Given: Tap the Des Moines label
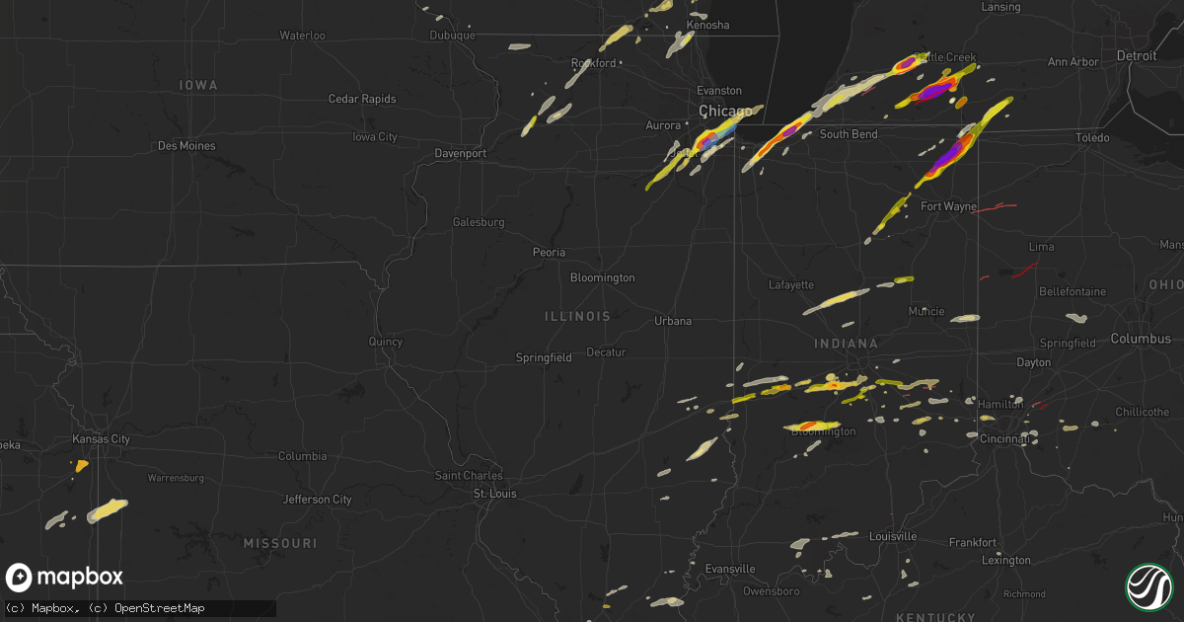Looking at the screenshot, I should (186, 146).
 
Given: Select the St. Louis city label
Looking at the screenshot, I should (494, 494).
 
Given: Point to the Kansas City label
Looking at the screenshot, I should (102, 439).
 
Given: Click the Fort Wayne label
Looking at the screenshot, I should (948, 206).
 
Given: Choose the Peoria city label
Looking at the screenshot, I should (549, 253).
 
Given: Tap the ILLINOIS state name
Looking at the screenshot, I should (577, 317).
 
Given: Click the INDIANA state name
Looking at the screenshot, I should (846, 344).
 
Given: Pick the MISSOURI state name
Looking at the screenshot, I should (280, 544).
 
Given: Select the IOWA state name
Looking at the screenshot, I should (198, 86).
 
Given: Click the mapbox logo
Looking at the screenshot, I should (65, 578).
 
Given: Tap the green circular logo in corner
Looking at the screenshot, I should (1147, 585).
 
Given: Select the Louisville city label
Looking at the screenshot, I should (892, 536).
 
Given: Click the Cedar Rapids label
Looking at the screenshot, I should (362, 99).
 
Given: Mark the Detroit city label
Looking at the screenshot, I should (1137, 56).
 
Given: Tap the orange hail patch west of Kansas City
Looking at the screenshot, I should (81, 464).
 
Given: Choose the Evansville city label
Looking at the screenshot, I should (731, 569).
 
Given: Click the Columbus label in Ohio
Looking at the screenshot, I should (1140, 339).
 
